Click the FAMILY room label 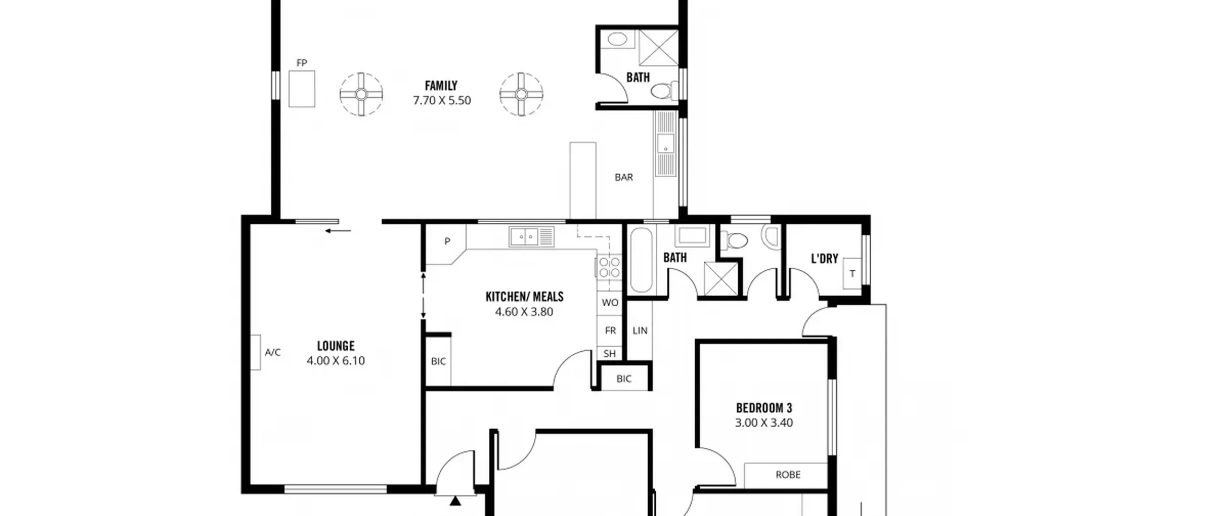441,86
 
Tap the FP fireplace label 302,63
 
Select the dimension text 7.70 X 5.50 442,100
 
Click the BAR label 624,177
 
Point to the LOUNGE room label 336,346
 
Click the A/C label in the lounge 272,352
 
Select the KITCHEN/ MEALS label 524,297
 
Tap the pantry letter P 447,241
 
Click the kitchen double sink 531,237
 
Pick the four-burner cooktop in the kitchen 609,267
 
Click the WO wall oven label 610,302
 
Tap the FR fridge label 610,330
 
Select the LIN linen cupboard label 640,330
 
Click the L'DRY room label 824,259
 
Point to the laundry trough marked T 852,274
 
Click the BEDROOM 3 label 764,408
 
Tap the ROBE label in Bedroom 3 788,475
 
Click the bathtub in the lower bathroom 641,260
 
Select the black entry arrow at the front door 455,501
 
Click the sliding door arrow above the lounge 338,231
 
